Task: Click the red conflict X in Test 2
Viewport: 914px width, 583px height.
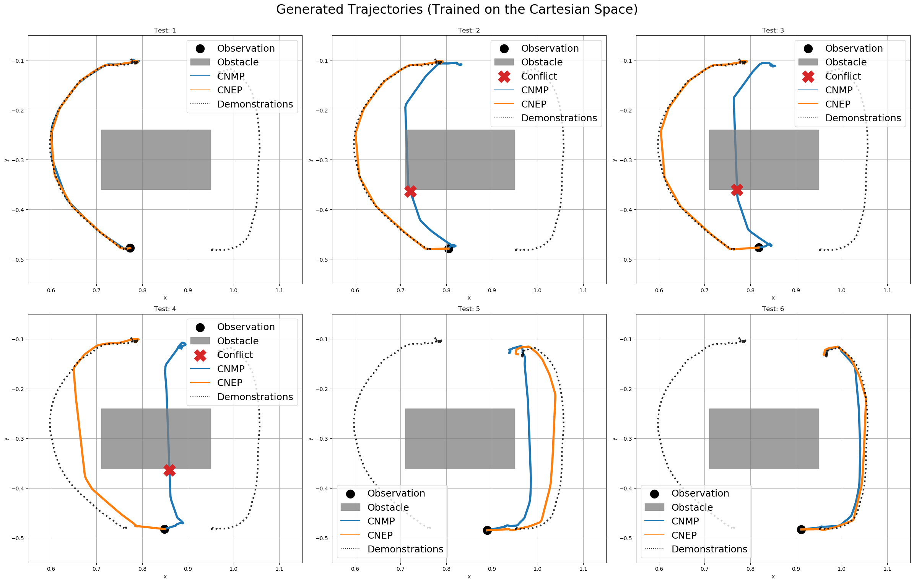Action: point(410,191)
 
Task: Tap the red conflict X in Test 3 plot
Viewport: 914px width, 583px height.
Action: point(737,189)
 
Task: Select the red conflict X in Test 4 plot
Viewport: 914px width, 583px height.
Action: point(169,470)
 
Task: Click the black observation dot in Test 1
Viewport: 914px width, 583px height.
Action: point(130,248)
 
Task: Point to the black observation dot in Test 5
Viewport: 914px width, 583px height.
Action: point(487,530)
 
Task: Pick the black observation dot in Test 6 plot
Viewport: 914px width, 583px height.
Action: point(801,529)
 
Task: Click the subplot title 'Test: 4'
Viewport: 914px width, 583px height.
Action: point(165,309)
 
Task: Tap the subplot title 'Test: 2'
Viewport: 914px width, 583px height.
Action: point(469,30)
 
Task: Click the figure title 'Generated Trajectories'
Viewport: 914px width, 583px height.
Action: point(457,10)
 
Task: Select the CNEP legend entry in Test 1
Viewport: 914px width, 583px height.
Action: point(229,90)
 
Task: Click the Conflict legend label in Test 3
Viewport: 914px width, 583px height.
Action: point(842,77)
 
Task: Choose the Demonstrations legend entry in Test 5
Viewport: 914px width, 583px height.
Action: point(405,549)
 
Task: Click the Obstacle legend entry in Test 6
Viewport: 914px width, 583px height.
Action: point(692,508)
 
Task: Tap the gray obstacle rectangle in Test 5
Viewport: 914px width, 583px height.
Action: point(460,438)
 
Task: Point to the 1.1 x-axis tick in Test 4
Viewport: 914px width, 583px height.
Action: point(279,569)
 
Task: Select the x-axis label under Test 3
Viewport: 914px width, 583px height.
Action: point(773,298)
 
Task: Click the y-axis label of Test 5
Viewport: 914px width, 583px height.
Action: point(311,439)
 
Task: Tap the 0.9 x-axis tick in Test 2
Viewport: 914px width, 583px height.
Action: point(492,290)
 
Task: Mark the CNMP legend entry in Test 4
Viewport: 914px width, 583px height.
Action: point(231,369)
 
